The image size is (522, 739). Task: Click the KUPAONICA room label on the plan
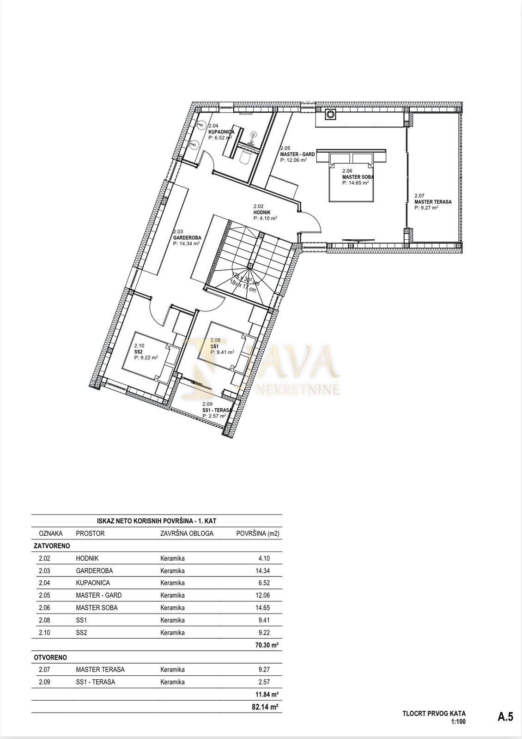coord(221,132)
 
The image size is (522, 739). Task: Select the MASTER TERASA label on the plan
coord(433,202)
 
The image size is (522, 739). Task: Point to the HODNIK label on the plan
coord(262,213)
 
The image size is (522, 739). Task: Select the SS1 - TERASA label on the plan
coord(217,410)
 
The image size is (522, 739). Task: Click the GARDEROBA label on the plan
coord(187,237)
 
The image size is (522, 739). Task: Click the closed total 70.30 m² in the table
coord(267,645)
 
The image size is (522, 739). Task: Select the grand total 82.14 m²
coord(267,707)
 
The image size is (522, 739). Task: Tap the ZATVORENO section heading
coord(52,546)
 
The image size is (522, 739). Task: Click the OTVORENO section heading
coord(50,658)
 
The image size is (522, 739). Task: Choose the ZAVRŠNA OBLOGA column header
coord(187,533)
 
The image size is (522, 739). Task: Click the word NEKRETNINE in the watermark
coord(297,390)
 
